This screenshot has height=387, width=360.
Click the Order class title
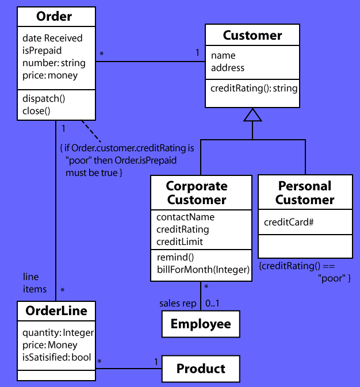(x=54, y=17)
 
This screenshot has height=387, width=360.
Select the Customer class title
(x=252, y=36)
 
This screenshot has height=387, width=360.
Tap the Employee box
(x=201, y=324)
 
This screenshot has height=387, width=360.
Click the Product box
(x=201, y=369)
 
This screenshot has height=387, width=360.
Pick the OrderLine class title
(x=56, y=311)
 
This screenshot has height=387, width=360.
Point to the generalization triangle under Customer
(x=252, y=115)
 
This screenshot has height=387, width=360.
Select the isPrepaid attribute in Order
(x=42, y=50)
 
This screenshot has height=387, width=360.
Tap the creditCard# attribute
(x=288, y=222)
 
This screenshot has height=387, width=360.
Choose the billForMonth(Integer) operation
(x=203, y=270)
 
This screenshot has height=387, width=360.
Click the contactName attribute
(x=185, y=217)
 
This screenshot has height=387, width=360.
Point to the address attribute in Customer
(x=228, y=68)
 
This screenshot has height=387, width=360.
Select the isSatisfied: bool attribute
(x=56, y=357)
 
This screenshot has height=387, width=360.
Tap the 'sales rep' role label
(x=178, y=303)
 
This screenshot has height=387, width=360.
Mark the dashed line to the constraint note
(x=91, y=132)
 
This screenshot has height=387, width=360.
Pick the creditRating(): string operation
(x=254, y=88)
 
